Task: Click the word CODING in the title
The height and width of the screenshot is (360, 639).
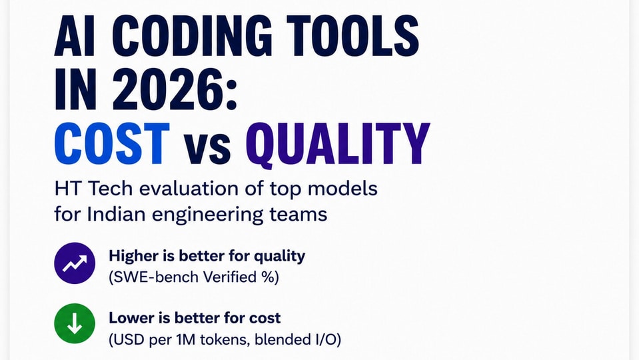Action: pyautogui.click(x=191, y=36)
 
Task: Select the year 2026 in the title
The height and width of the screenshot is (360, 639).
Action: pyautogui.click(x=168, y=89)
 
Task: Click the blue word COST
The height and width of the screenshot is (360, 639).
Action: pyautogui.click(x=112, y=143)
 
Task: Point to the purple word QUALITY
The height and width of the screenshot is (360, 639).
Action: pyautogui.click(x=337, y=145)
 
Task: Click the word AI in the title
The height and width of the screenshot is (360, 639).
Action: pyautogui.click(x=75, y=36)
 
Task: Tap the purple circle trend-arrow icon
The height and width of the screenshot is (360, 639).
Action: pyautogui.click(x=75, y=263)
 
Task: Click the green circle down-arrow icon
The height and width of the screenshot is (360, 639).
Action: pyautogui.click(x=75, y=324)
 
